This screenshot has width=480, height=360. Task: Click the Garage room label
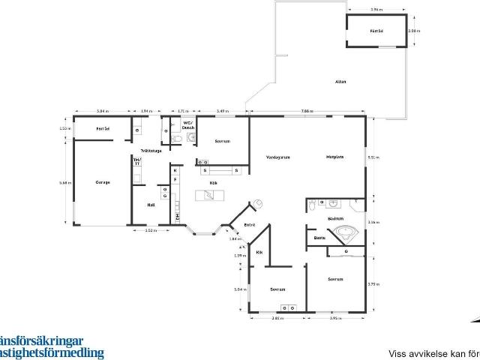(102, 182)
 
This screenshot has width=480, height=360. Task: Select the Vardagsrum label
(277, 157)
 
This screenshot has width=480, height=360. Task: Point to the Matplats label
(334, 157)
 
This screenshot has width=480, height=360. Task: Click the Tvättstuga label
(150, 151)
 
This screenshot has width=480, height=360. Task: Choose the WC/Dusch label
(188, 126)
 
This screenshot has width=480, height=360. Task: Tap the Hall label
(151, 204)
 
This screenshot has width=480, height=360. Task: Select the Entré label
(250, 224)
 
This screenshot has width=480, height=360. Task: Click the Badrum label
(335, 218)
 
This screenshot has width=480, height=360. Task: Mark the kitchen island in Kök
(210, 196)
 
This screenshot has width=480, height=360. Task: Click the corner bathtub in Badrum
(346, 233)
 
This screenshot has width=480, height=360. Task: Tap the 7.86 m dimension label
(307, 111)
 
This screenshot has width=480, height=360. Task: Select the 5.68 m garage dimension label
(64, 182)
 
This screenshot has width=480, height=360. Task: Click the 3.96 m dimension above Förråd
(376, 10)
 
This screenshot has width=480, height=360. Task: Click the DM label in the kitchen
(177, 217)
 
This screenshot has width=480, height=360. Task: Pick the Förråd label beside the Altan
(376, 31)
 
